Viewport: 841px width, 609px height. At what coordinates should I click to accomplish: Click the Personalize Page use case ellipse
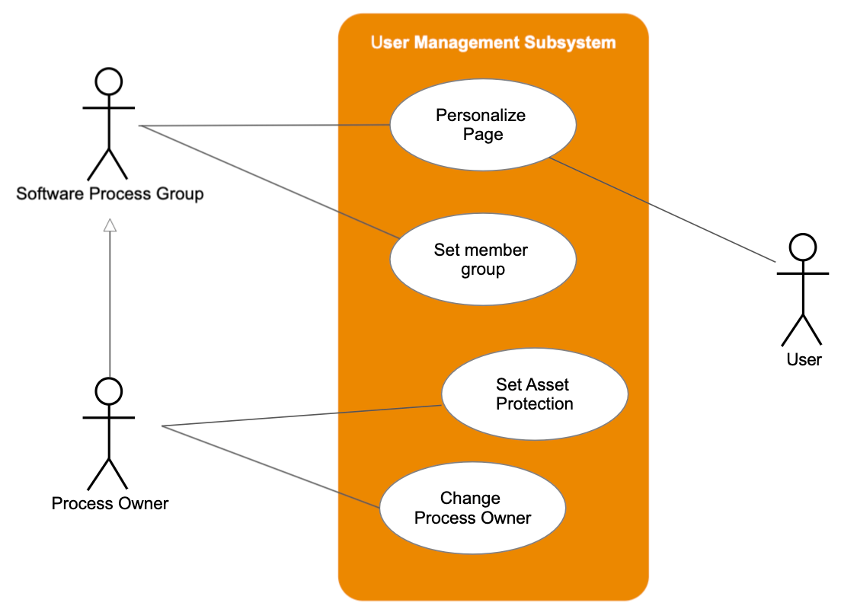pyautogui.click(x=482, y=125)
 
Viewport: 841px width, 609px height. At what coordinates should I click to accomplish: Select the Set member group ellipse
pyautogui.click(x=482, y=260)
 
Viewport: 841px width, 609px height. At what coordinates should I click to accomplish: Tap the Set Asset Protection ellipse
pyautogui.click(x=534, y=394)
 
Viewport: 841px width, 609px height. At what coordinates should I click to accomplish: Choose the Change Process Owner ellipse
pyautogui.click(x=472, y=508)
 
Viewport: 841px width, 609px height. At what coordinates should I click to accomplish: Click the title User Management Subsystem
pyautogui.click(x=493, y=43)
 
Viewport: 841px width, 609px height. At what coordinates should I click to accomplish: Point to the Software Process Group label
pyautogui.click(x=110, y=193)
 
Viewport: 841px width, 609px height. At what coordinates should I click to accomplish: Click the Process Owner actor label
pyautogui.click(x=110, y=503)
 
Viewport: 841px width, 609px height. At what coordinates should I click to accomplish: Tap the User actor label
pyautogui.click(x=804, y=359)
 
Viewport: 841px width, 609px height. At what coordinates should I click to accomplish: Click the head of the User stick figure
pyautogui.click(x=802, y=247)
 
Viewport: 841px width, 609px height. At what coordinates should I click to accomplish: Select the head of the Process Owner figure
pyautogui.click(x=108, y=391)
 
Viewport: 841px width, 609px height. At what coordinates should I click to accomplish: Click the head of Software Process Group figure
pyautogui.click(x=108, y=81)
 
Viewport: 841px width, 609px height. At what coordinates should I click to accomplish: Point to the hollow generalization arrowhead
pyautogui.click(x=110, y=225)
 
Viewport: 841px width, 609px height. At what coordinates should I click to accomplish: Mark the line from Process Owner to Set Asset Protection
pyautogui.click(x=305, y=416)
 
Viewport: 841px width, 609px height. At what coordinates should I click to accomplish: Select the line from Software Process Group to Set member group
pyautogui.click(x=267, y=180)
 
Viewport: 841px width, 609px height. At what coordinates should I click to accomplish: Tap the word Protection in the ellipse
pyautogui.click(x=534, y=404)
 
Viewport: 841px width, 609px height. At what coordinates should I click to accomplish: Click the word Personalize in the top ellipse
pyautogui.click(x=481, y=116)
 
